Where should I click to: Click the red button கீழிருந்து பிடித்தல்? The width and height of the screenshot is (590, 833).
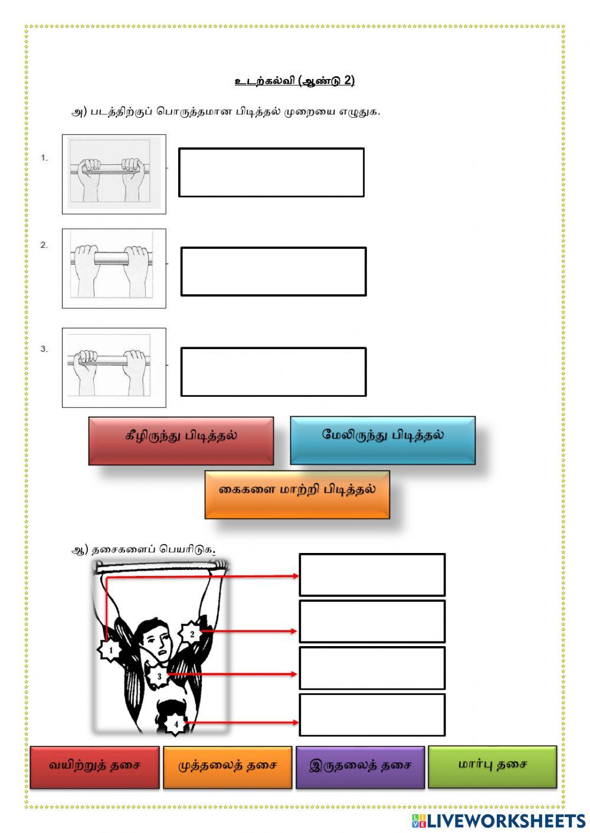pos(181,440)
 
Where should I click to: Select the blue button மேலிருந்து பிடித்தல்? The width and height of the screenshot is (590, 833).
pos(382,440)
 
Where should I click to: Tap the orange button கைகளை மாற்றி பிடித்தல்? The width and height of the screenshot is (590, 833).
pos(297,494)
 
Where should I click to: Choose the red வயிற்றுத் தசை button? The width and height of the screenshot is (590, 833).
pos(94,767)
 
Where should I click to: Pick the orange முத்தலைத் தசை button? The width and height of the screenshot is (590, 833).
pos(227,767)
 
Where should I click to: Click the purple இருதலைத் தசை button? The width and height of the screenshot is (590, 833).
pos(360,767)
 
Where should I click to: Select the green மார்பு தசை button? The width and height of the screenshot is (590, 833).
pos(492,766)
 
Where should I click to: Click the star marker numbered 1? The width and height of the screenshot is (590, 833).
pos(110,650)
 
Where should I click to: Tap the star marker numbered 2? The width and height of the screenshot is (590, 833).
pos(192,634)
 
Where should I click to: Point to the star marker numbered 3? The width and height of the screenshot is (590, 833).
pos(159,677)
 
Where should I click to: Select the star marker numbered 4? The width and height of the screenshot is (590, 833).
pos(175,725)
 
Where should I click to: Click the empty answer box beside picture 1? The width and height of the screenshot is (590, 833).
pos(271,172)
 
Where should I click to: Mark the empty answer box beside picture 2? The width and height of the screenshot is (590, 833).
pos(273,271)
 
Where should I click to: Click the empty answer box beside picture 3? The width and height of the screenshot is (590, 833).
pos(273,371)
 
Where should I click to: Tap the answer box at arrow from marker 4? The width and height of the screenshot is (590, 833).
pos(372,715)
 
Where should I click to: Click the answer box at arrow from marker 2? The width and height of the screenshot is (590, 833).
pos(372,621)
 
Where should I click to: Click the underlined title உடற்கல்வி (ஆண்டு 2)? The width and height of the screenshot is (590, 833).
pos(294,81)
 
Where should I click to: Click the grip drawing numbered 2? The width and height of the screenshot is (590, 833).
pos(114,268)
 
